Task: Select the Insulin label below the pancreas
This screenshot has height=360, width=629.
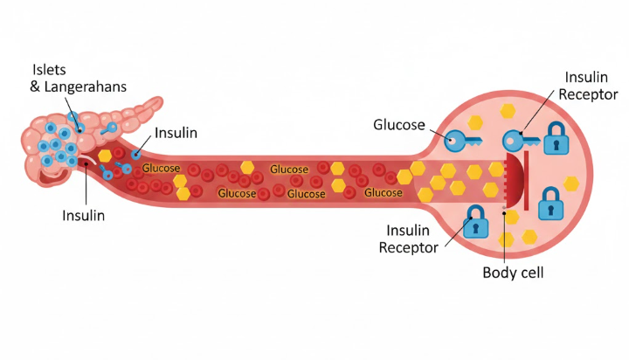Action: [x=83, y=215]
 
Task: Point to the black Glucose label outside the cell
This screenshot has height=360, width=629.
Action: [x=399, y=124]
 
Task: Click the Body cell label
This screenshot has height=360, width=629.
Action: [x=514, y=273]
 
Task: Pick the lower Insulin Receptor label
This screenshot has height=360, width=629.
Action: [x=408, y=238]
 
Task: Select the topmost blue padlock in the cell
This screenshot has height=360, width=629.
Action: [x=556, y=138]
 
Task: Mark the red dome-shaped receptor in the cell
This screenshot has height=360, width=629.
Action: [x=512, y=177]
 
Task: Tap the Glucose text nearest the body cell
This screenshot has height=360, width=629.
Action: [x=383, y=192]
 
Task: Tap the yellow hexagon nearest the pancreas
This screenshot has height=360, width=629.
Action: [x=105, y=155]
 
